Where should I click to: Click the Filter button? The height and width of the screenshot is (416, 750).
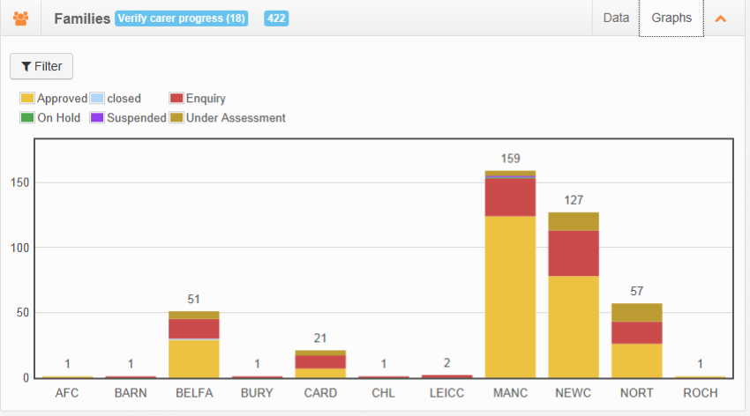41,66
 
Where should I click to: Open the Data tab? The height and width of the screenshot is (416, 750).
616,19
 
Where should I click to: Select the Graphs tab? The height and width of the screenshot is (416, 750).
671,19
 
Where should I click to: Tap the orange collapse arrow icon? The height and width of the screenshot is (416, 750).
720,19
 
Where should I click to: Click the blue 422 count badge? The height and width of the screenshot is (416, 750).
276,19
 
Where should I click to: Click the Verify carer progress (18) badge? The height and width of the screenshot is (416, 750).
181,19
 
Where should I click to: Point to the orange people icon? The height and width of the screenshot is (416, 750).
20,19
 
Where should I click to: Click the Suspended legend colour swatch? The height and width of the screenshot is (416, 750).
97,117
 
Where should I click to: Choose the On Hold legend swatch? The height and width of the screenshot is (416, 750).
27,117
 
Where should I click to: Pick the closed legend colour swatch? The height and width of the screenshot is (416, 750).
97,98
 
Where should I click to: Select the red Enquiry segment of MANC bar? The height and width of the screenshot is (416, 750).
510,197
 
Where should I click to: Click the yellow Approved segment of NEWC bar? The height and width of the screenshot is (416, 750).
574,327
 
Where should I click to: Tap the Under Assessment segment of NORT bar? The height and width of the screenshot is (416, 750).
637,312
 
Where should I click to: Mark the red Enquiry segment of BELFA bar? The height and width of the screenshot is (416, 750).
194,329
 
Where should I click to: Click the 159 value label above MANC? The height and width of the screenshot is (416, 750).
510,159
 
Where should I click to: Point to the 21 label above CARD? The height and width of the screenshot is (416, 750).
320,338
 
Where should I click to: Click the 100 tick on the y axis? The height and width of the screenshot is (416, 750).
19,248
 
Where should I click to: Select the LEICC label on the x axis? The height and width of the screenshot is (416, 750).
446,393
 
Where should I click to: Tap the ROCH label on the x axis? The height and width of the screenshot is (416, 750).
701,393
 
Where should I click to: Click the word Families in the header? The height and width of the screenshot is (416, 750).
82,19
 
